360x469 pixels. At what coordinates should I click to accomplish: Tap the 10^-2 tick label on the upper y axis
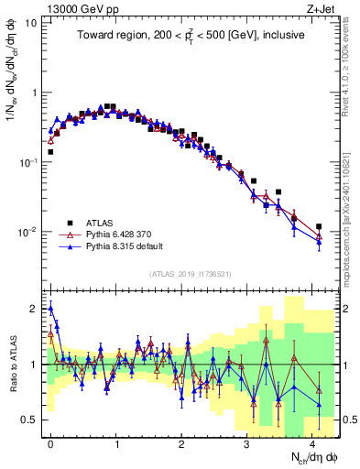pyautogui.click(x=27, y=232)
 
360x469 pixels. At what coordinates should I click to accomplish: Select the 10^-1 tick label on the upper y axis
pyautogui.click(x=27, y=162)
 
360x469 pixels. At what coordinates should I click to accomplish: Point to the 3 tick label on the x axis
pyautogui.click(x=247, y=442)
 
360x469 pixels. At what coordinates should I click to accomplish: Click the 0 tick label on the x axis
pyautogui.click(x=50, y=442)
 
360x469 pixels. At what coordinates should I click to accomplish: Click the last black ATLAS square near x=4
pyautogui.click(x=319, y=226)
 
